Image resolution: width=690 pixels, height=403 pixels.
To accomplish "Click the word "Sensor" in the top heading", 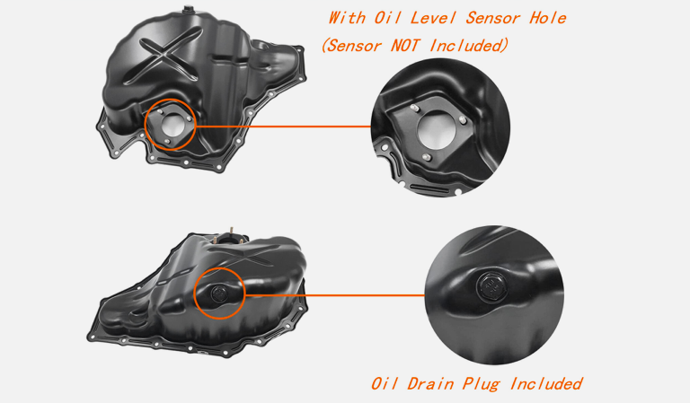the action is [493, 18].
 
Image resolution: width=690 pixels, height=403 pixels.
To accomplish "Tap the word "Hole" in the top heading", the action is [548, 18].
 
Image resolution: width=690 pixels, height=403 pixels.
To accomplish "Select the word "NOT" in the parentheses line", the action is [405, 45].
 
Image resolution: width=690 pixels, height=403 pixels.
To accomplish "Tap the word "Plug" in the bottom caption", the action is [481, 384].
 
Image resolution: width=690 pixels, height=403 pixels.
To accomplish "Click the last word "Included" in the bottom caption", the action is [546, 383].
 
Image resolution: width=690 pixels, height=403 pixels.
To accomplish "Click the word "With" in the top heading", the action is [347, 18].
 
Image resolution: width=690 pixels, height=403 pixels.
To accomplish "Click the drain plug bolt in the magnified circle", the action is [492, 288].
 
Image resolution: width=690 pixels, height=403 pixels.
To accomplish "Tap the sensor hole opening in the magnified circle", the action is [436, 129].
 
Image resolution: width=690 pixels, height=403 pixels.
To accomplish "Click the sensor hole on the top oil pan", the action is [173, 125].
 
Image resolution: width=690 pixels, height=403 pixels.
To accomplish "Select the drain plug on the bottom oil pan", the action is [218, 293].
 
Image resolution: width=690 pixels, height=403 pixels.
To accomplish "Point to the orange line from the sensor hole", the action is [282, 127].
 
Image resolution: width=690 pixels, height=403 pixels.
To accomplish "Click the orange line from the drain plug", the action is [334, 295].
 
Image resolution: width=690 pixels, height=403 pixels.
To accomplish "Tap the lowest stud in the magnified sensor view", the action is [426, 157].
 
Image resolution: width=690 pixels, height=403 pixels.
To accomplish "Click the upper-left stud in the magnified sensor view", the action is [413, 107].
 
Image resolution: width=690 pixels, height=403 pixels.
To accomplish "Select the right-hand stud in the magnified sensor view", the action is [463, 119].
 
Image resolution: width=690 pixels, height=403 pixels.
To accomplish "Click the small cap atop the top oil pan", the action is [189, 8].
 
